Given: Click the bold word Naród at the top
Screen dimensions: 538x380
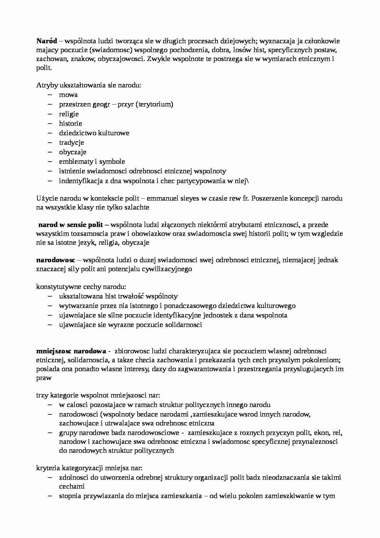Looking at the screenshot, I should tap(47, 41).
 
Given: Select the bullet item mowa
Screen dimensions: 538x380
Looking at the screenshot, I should tap(68, 95).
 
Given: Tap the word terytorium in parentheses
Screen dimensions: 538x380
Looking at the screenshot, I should tap(155, 104).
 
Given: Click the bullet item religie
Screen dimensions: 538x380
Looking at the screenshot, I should tap(69, 114).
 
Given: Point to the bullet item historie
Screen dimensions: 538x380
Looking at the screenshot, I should tap(70, 124).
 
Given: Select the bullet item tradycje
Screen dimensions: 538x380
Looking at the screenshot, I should tap(71, 143).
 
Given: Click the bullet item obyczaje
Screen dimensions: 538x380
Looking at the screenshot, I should tap(73, 152).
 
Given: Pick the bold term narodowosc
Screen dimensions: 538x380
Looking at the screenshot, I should tap(55, 260).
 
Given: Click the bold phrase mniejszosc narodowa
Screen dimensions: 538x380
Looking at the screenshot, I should tap(71, 351).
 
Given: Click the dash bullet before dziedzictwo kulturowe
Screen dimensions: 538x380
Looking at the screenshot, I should tap(50, 133).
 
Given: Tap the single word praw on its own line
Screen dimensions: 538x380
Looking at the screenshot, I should tap(44, 378).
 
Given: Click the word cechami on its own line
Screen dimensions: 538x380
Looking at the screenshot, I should tap(72, 486).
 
